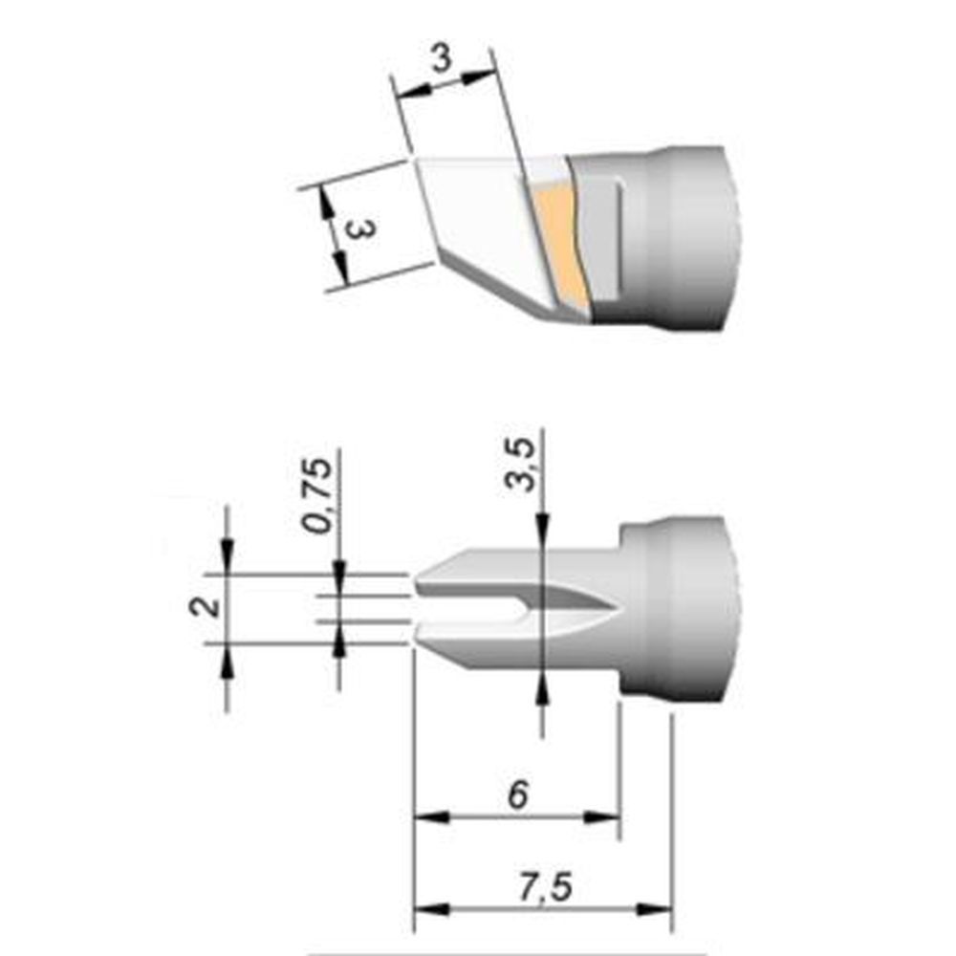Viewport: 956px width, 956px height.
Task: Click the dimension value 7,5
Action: (546, 886)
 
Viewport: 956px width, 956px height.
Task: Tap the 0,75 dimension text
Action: (319, 495)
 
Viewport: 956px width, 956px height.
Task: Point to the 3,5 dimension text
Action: (521, 465)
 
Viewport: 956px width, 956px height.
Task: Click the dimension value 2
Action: (206, 606)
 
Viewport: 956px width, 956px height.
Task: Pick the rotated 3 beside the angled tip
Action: (359, 229)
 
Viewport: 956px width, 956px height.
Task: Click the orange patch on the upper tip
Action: (559, 243)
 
